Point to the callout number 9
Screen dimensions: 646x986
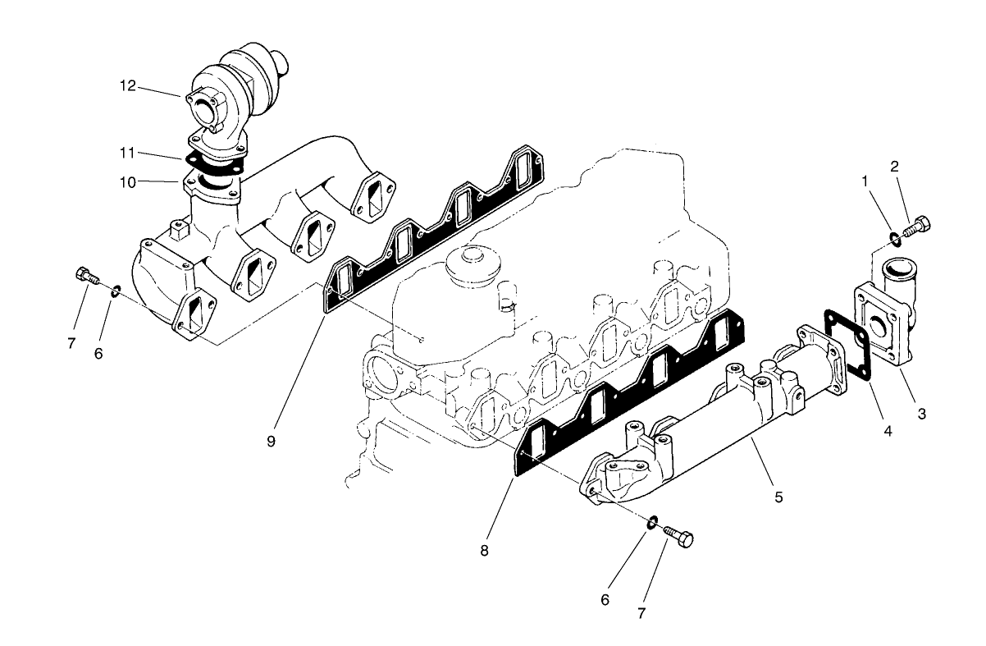[270, 441]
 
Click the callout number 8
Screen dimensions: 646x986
[485, 551]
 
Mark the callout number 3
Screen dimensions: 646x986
[921, 415]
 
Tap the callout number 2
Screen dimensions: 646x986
[895, 166]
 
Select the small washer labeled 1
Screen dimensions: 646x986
[893, 239]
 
